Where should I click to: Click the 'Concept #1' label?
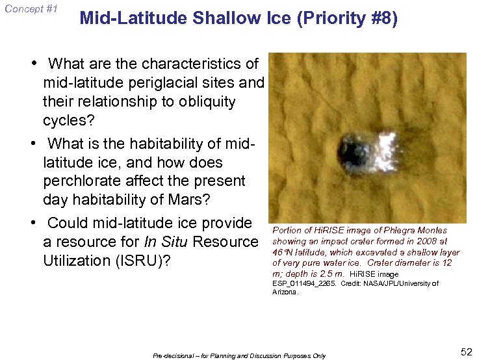click(30, 9)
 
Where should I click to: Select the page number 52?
click(466, 352)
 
